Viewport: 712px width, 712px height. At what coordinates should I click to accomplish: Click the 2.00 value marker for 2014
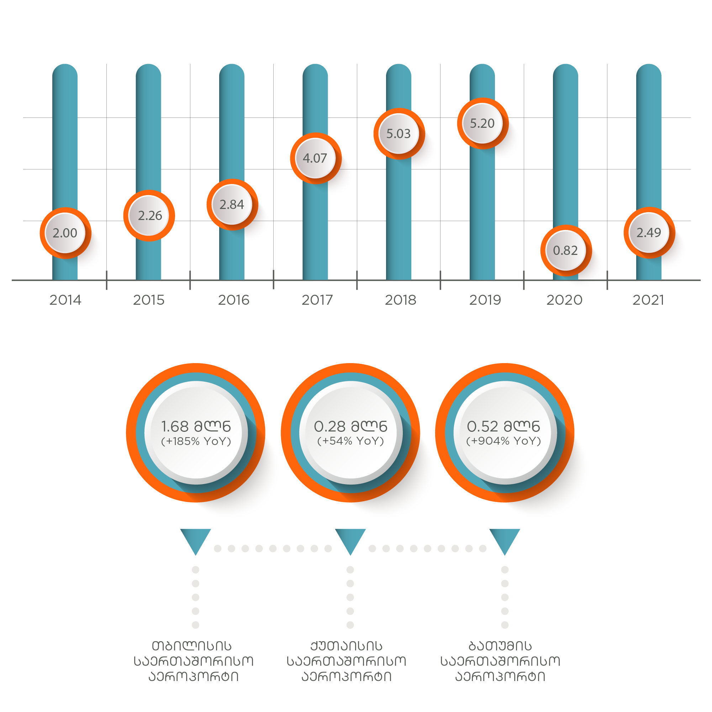tap(65, 233)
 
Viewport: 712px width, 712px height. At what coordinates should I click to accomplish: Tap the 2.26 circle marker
tap(149, 216)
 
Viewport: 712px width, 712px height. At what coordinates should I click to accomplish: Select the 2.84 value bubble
tap(232, 205)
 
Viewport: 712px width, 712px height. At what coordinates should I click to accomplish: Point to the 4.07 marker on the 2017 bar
tap(316, 158)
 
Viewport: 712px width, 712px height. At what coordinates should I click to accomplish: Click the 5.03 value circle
tap(399, 133)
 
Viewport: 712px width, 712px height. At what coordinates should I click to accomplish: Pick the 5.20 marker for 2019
tap(482, 124)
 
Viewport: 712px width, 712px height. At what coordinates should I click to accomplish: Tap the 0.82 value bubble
tap(566, 251)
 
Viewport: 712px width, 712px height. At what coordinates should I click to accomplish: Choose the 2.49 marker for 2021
tap(649, 233)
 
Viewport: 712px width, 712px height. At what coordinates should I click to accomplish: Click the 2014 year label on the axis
tap(65, 300)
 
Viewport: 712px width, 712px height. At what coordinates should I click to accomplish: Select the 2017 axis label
tap(317, 300)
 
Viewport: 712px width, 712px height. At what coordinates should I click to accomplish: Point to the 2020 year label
tap(564, 300)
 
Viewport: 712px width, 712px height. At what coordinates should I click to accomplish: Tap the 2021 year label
tap(648, 300)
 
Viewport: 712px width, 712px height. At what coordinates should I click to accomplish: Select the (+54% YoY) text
tap(350, 441)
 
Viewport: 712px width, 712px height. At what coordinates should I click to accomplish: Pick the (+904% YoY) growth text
tap(504, 441)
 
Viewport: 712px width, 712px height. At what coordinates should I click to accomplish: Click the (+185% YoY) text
tap(196, 441)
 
